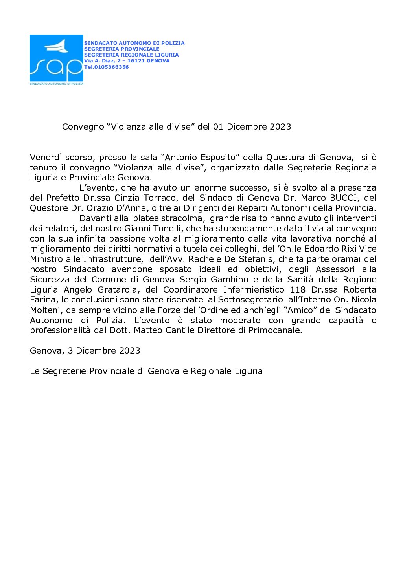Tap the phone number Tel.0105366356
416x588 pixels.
click(x=107, y=67)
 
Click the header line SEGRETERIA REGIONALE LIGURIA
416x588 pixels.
click(x=131, y=55)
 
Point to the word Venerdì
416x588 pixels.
click(x=46, y=158)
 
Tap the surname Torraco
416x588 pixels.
click(x=162, y=198)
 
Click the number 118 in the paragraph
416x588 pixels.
click(x=298, y=290)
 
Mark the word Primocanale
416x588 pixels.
click(x=275, y=330)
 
